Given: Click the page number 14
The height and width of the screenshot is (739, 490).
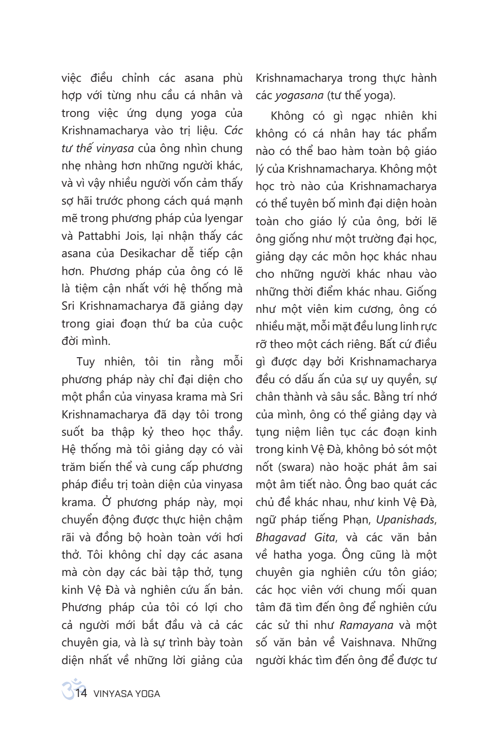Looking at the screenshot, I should pos(81,693).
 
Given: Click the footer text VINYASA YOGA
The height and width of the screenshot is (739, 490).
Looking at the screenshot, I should pos(126,694).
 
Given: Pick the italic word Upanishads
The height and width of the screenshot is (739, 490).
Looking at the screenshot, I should pos(406,520).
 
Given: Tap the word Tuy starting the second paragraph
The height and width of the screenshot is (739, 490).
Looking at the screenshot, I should pos(86,362).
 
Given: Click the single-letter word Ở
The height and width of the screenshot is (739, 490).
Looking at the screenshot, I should pos(106,502).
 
